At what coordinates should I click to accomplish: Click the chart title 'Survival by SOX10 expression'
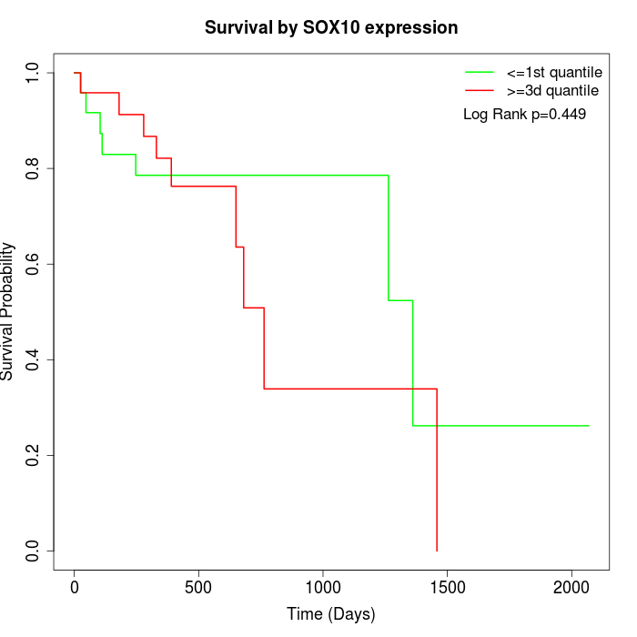coord(330,27)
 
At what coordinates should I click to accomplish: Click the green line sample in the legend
coord(480,71)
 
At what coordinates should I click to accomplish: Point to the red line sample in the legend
coord(480,91)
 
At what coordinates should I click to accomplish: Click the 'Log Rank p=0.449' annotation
coord(524,115)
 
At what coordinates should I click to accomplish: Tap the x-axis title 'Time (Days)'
coord(330,614)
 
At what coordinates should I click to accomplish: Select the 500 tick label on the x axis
coord(198,588)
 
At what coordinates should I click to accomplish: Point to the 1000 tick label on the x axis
coord(323,588)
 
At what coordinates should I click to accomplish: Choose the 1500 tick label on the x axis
coord(447,588)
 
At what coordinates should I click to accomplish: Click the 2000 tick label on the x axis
coord(571,588)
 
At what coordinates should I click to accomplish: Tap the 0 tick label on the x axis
coord(75,588)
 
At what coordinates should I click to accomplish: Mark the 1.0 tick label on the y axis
coord(34,73)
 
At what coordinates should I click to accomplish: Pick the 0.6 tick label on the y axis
coord(34,264)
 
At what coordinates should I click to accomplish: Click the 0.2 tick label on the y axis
coord(34,455)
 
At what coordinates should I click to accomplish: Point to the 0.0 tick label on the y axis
coord(34,551)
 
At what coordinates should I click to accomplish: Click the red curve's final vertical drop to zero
coord(437,473)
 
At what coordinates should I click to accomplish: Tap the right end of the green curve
coord(589,426)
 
